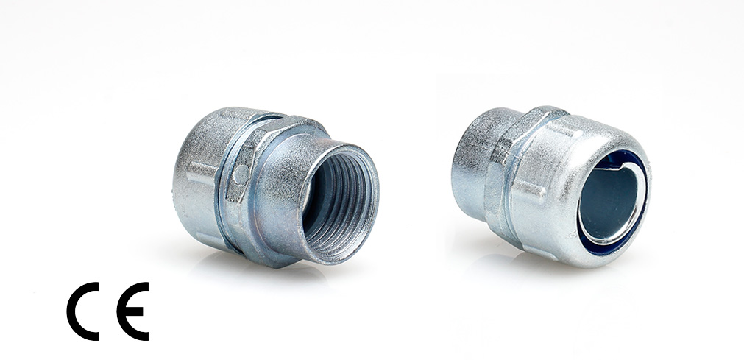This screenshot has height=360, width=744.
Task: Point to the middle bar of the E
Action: coord(134,311)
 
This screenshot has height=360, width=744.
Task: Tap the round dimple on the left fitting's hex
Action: coord(241,174)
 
